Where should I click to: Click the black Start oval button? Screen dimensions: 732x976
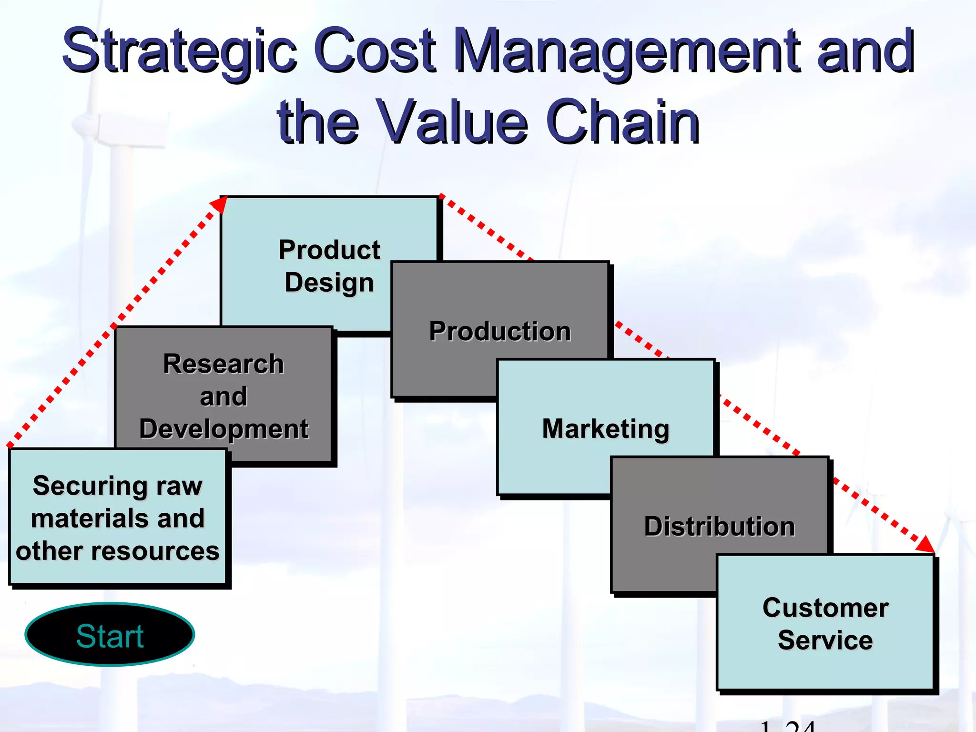coord(110,635)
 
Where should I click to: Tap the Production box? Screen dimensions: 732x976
coord(499,331)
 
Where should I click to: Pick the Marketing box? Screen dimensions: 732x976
coord(605,428)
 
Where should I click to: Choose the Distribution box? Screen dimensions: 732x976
coord(720,526)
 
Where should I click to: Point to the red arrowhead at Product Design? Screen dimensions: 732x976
coord(219,205)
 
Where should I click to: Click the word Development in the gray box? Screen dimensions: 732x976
coord(224,429)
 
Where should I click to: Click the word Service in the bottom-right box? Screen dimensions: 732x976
coord(825,640)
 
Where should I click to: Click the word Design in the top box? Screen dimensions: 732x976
coord(329,282)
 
